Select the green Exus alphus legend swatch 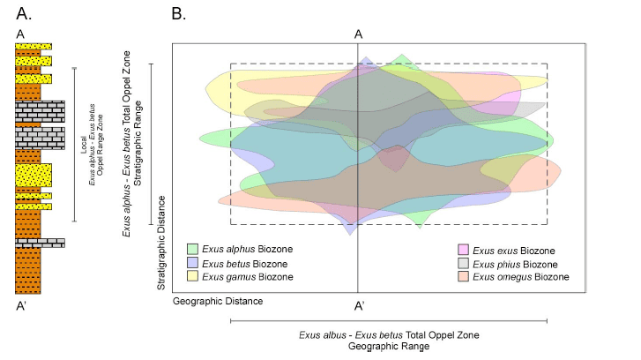[192, 250]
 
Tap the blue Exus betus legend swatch [192, 263]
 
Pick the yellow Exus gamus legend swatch [192, 277]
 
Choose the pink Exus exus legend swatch [463, 250]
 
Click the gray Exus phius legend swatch [463, 263]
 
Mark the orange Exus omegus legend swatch [463, 277]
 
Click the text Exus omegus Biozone [521, 277]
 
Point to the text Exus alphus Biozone [247, 250]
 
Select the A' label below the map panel [359, 306]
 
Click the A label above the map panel [358, 34]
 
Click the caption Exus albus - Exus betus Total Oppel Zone [389, 334]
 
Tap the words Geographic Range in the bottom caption [389, 347]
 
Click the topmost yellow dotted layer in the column [33, 45]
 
